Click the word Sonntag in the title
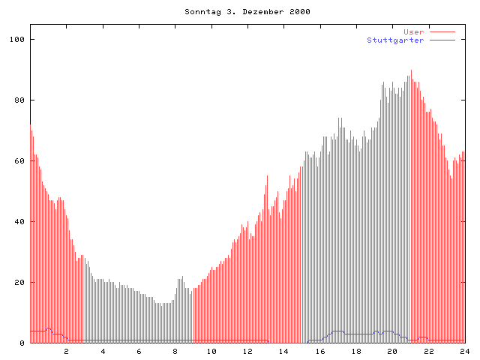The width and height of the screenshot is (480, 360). [x=199, y=12]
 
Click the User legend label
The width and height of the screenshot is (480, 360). [x=414, y=32]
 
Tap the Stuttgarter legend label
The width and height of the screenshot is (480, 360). [x=395, y=40]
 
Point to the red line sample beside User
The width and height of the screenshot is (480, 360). [x=442, y=32]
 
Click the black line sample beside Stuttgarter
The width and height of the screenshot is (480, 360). [x=442, y=40]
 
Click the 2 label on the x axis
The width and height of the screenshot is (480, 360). [x=66, y=351]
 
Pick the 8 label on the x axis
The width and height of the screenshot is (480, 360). [x=175, y=351]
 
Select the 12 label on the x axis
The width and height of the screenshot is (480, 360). [x=247, y=351]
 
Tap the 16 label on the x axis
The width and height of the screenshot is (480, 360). [x=319, y=351]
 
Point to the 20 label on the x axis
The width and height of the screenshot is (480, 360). [x=392, y=351]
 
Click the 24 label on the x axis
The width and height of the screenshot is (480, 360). [x=464, y=351]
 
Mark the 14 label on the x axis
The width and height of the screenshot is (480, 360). [x=283, y=351]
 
